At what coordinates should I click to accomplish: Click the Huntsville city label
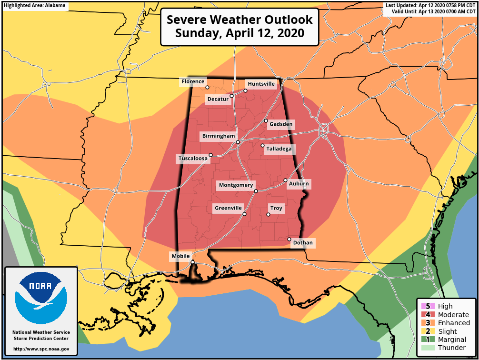(261, 84)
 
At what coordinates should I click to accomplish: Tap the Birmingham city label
(219, 136)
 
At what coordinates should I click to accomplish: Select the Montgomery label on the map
(236, 185)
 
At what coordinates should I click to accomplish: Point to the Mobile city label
(180, 256)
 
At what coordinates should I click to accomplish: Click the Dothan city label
(303, 243)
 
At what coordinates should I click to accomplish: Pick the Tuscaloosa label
(193, 159)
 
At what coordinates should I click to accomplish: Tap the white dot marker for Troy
(268, 215)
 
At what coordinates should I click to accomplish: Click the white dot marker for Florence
(207, 88)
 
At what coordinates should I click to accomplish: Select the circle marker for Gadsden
(266, 120)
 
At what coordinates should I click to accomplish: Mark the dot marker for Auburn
(285, 180)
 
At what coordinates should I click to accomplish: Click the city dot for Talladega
(262, 145)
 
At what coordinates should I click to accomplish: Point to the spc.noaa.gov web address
(41, 349)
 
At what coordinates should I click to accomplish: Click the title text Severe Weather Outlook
(239, 20)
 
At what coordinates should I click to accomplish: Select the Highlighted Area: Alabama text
(35, 5)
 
